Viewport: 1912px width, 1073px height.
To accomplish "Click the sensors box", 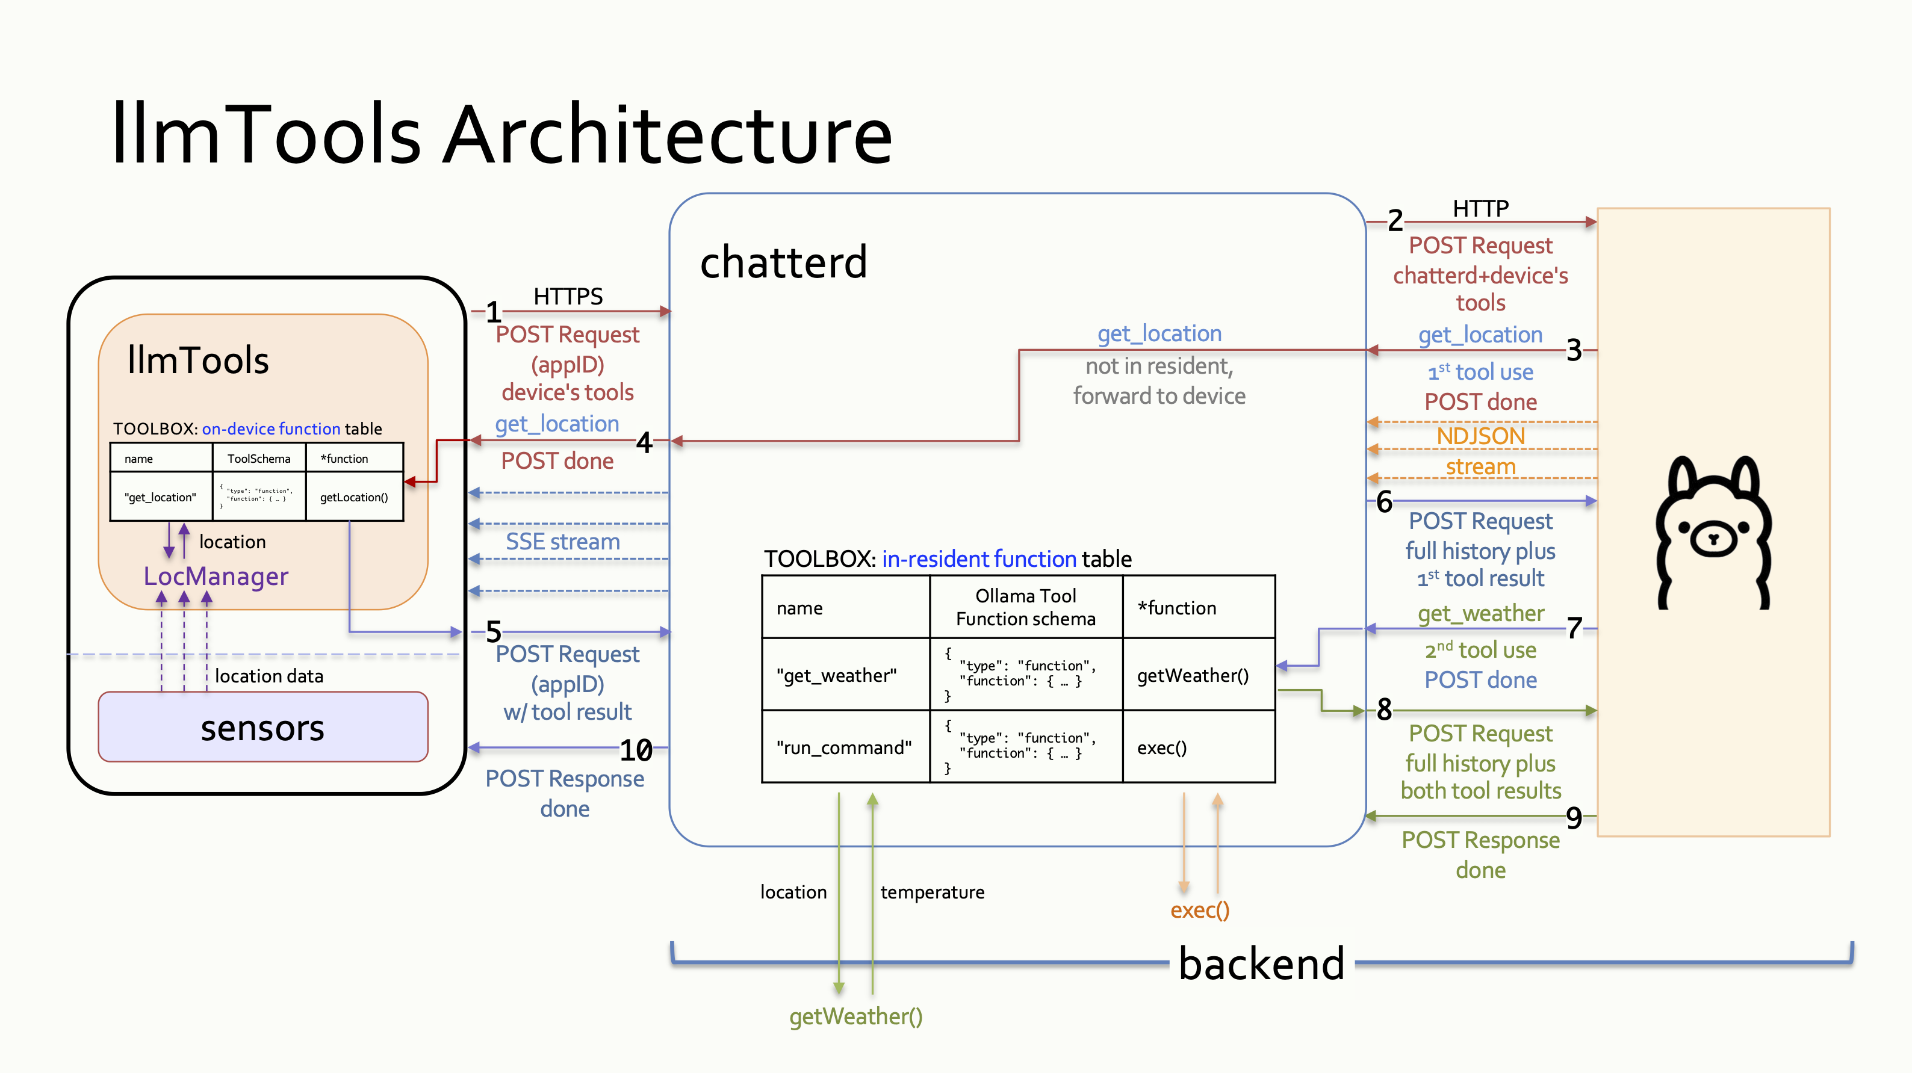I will click(x=262, y=727).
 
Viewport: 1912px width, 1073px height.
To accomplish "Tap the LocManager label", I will click(x=216, y=576).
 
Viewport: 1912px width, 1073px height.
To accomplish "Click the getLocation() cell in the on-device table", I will click(x=354, y=497).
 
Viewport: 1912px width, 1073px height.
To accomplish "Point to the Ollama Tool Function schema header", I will click(x=1025, y=607).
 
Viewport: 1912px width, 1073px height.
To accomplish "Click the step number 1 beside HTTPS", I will click(x=494, y=312).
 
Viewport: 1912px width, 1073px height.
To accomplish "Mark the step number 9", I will click(x=1574, y=818).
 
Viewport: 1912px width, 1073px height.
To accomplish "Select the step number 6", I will click(x=1384, y=502).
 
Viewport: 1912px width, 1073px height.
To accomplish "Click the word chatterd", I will click(x=783, y=263).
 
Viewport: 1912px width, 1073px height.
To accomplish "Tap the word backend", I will click(x=1261, y=964).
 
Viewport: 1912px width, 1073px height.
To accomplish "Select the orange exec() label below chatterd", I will click(x=1199, y=910).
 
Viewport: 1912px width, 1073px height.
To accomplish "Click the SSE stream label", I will click(x=563, y=542).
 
